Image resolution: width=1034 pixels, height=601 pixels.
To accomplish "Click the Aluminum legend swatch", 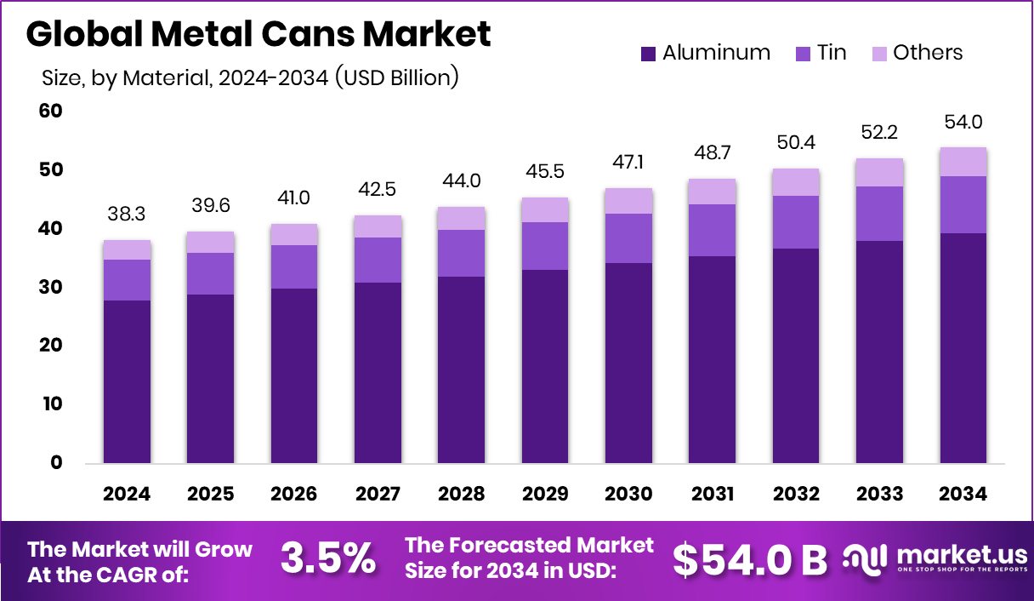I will coord(648,54).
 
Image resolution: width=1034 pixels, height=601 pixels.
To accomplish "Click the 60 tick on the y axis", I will coord(51,112).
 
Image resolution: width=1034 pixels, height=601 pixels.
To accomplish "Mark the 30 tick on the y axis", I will coord(51,288).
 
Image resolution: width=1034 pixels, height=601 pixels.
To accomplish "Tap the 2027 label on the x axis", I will coord(378,495).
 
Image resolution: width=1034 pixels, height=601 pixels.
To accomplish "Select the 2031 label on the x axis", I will coord(713,495).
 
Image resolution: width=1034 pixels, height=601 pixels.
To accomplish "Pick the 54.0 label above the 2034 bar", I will coord(964,123).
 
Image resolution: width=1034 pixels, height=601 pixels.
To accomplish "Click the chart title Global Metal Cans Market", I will coord(258,35).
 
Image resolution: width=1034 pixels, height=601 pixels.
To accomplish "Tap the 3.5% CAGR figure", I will coord(327,559).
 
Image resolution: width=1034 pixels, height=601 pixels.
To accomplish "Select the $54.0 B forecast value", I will coord(749,559).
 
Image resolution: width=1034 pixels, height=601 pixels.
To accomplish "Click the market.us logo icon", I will coord(864,558).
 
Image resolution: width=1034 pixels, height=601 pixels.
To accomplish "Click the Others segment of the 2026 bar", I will coord(294,235).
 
